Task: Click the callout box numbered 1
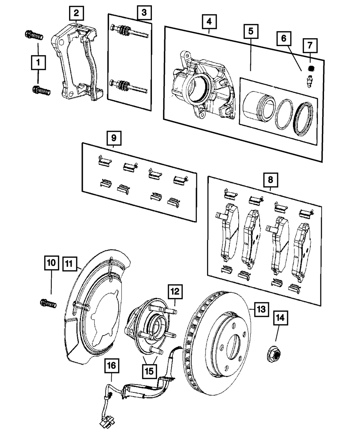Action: (38, 63)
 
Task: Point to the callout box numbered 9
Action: (114, 138)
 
